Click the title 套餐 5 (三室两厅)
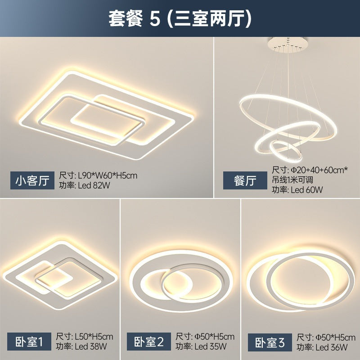pos(180,19)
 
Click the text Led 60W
pos(306,189)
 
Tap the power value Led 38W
pos(91,347)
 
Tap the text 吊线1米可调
pos(293,180)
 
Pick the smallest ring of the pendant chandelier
pos(284,152)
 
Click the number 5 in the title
pos(155,19)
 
